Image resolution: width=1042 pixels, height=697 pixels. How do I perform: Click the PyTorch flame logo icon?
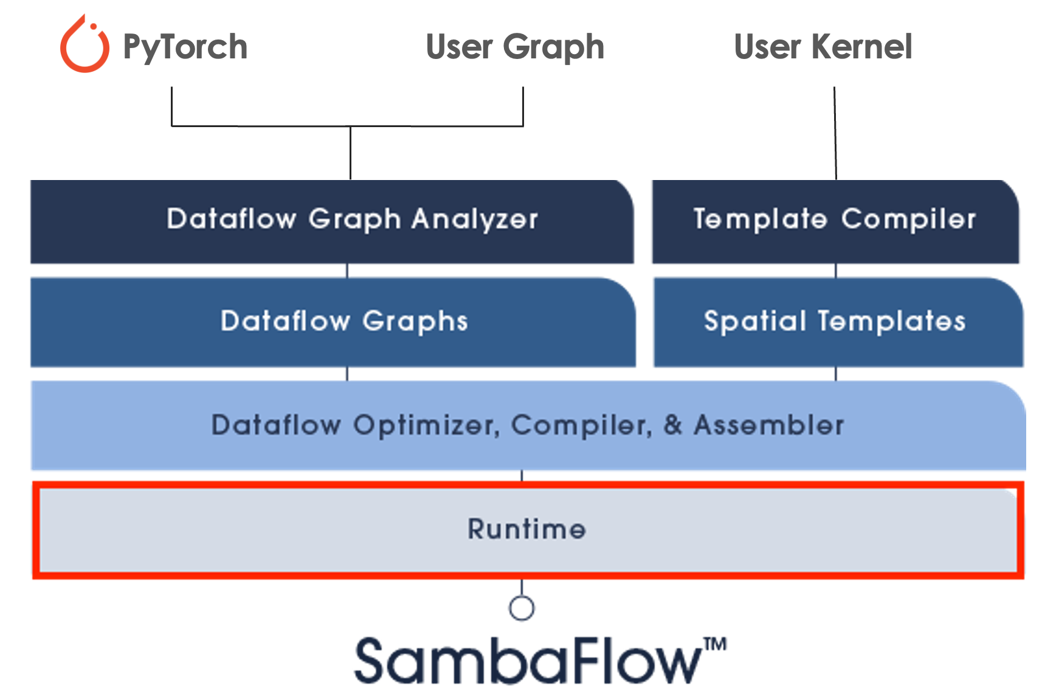tap(85, 46)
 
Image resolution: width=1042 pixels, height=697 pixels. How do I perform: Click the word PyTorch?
tap(185, 47)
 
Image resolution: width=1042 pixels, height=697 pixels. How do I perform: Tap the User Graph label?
tap(515, 47)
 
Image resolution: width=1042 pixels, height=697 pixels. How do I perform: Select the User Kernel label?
tap(823, 47)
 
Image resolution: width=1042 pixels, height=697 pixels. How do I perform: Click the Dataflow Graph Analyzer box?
tap(331, 221)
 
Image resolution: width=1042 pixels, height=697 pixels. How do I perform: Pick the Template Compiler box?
tap(835, 221)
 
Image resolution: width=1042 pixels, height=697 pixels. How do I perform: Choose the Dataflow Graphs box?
tap(333, 322)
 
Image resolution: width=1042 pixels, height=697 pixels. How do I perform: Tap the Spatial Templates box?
tap(837, 322)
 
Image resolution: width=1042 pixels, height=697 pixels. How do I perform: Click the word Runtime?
tap(526, 529)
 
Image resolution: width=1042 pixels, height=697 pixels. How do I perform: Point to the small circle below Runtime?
tap(522, 608)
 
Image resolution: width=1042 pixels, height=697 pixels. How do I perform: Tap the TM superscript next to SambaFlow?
tap(716, 644)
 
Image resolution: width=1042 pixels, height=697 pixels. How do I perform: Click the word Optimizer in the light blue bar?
tap(426, 425)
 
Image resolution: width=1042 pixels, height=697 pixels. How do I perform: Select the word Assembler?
tap(769, 425)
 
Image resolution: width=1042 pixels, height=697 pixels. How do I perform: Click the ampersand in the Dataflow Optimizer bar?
tap(672, 425)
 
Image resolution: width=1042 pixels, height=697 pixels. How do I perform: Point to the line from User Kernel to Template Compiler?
tap(835, 134)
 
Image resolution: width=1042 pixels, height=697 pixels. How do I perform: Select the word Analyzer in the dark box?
tap(475, 219)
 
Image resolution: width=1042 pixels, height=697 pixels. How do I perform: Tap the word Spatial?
tap(754, 321)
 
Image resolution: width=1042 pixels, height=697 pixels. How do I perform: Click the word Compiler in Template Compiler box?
tap(909, 219)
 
